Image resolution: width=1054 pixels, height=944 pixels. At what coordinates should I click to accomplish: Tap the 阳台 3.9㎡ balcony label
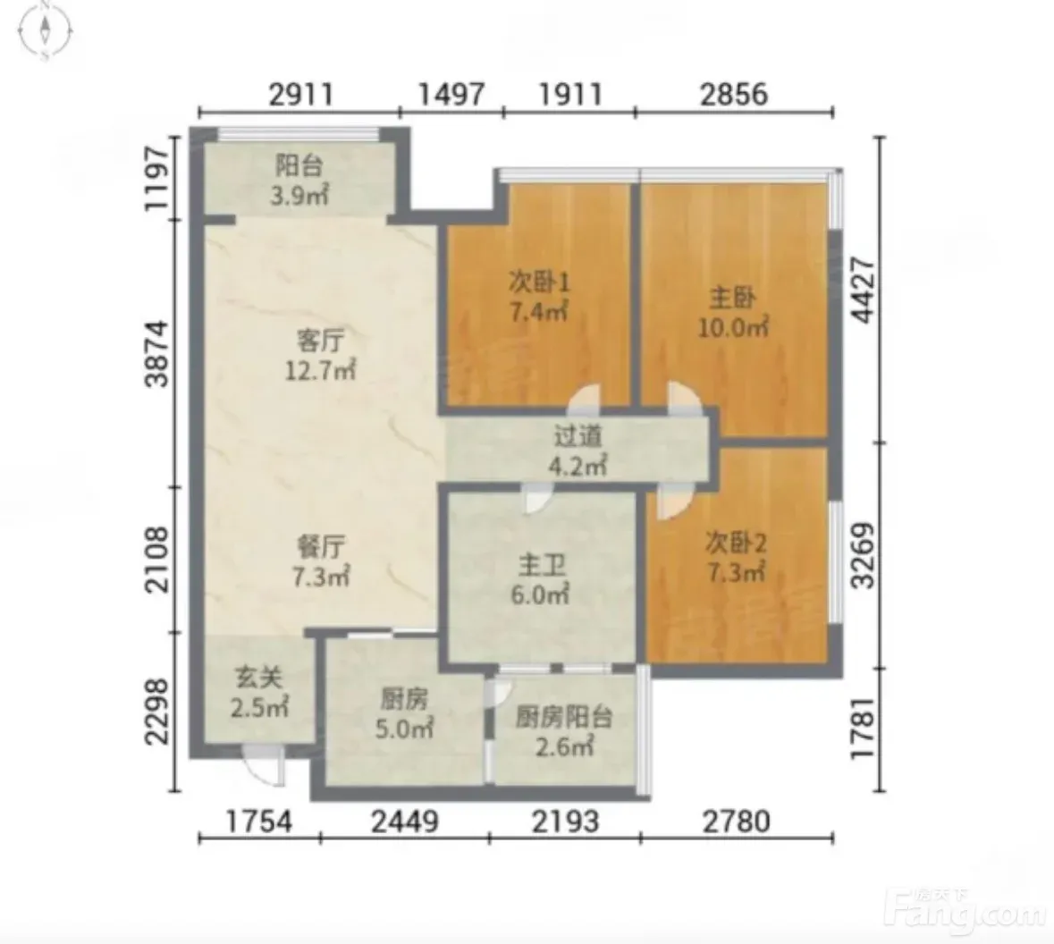299,181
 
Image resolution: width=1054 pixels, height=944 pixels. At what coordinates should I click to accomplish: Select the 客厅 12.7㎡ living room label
321,356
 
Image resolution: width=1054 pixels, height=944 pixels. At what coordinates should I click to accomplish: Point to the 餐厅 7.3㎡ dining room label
321,561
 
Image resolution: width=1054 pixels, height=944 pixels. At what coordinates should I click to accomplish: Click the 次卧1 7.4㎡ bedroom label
539,297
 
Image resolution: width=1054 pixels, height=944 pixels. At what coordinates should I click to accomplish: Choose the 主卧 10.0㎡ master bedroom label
733,312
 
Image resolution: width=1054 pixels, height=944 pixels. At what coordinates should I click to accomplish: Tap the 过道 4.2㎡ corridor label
578,451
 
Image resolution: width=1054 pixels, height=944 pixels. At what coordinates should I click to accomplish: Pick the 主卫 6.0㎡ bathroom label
541,580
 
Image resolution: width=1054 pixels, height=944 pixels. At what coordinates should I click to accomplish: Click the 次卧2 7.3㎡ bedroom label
736,558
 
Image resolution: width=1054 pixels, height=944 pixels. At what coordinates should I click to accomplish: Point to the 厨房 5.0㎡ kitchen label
404,714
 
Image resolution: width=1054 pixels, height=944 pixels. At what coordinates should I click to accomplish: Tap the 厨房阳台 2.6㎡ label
564,731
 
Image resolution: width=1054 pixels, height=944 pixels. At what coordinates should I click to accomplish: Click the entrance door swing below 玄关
264,766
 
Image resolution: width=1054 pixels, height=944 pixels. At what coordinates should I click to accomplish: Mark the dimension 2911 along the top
301,94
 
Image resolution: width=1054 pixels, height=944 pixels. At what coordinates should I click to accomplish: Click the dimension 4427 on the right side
863,290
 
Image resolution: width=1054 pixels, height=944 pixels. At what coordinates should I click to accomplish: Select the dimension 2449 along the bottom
405,822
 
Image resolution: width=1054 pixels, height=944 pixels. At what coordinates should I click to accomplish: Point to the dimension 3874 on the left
157,354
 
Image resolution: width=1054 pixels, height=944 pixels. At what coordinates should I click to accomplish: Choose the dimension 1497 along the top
451,94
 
